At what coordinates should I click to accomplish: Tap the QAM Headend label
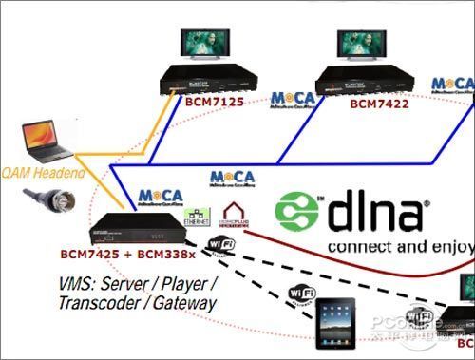coord(38,173)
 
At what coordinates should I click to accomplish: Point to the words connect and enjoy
coord(398,246)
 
